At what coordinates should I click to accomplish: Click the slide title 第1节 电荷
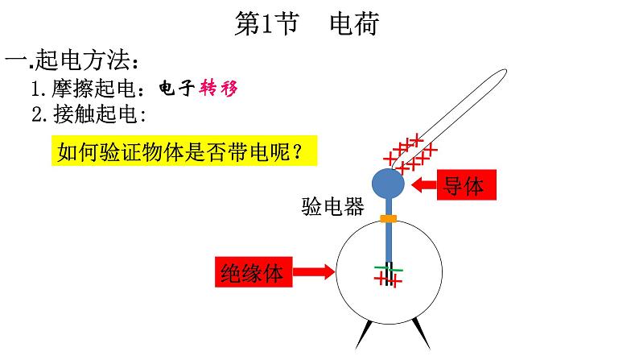[307, 23]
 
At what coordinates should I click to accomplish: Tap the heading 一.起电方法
[72, 60]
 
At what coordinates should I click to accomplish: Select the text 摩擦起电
[93, 89]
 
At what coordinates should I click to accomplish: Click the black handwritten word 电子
[176, 88]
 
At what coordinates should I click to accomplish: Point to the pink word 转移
[218, 88]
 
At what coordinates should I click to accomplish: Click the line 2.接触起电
[89, 114]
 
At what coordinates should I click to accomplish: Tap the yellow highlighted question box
[184, 151]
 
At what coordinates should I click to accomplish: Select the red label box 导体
[467, 185]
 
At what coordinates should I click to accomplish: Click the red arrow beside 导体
[424, 184]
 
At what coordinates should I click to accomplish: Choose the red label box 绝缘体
[254, 272]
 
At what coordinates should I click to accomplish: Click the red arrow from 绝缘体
[313, 271]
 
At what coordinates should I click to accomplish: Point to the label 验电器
[332, 206]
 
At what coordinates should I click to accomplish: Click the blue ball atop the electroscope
[389, 184]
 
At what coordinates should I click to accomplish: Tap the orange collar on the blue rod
[389, 218]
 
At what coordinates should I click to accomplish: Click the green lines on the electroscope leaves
[389, 269]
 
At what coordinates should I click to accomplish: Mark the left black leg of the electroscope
[364, 334]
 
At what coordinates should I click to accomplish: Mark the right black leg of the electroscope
[421, 333]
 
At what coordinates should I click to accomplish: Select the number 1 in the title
[267, 24]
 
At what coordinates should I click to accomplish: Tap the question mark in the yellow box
[298, 151]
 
